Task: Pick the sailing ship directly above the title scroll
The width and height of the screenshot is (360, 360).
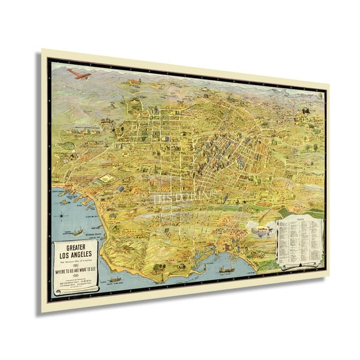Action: point(77,232)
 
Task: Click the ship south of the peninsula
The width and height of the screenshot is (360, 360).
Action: point(116,279)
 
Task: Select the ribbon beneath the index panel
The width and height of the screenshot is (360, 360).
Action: point(300,266)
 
